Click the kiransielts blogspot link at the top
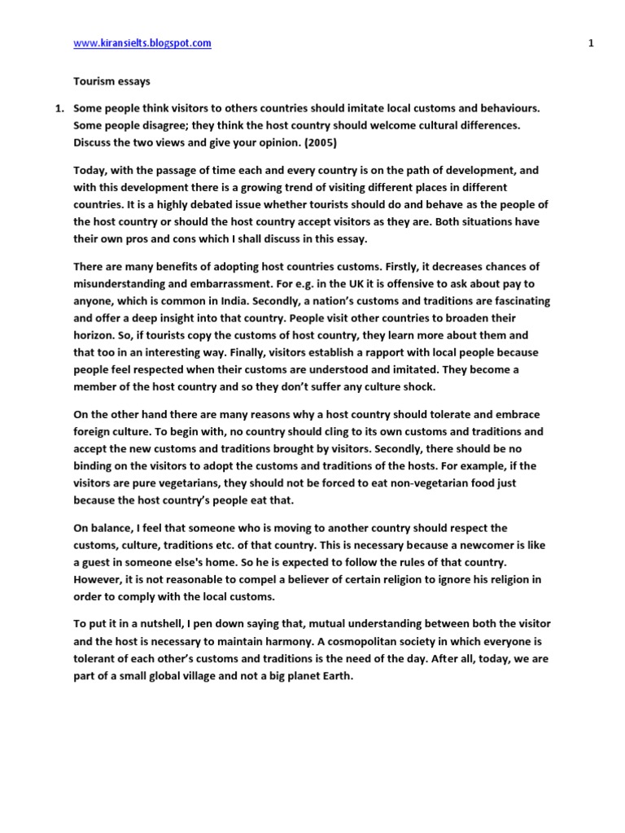[142, 44]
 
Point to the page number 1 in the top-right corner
[590, 44]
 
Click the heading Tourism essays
[111, 81]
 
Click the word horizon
[94, 334]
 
